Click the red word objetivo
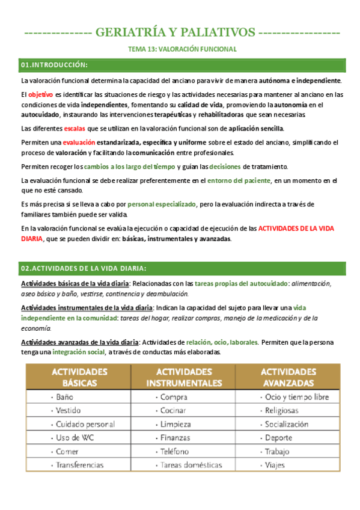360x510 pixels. pyautogui.click(x=40, y=94)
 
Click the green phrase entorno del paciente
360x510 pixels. pyautogui.click(x=237, y=180)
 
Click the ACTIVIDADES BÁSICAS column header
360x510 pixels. pyautogui.click(x=75, y=377)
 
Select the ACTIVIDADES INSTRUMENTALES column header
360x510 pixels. pyautogui.click(x=180, y=377)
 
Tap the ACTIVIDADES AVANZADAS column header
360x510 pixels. pyautogui.click(x=288, y=377)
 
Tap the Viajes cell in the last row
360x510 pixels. pyautogui.click(x=275, y=465)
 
